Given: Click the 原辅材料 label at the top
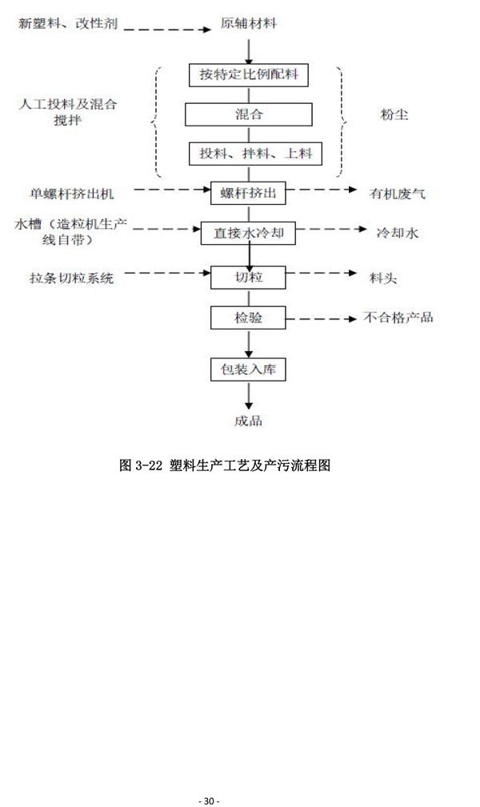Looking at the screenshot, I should tap(250, 24).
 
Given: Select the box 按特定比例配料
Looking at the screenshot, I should tap(250, 75).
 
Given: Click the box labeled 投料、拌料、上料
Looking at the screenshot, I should tap(250, 153).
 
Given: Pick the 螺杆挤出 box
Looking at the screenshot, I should tap(249, 191).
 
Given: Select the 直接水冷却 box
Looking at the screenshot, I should tap(249, 234).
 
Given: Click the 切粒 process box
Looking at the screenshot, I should tap(249, 278).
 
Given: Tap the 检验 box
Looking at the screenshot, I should tap(249, 318).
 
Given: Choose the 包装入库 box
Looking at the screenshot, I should tap(249, 370).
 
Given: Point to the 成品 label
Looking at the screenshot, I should tap(249, 420).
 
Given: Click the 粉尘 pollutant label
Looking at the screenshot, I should tap(394, 114).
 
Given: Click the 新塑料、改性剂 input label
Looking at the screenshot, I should tap(68, 24).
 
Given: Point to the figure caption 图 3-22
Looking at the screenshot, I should tap(224, 465).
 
